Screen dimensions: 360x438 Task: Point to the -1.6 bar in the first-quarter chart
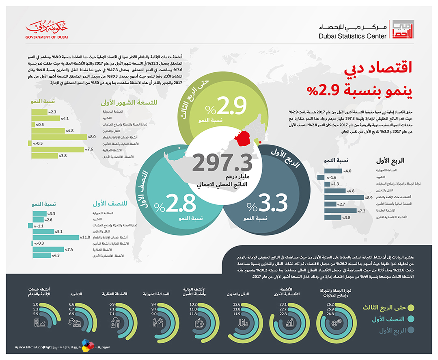pos(321,178)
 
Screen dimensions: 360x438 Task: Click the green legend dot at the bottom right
pos(411,308)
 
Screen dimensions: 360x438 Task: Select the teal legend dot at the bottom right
pos(411,319)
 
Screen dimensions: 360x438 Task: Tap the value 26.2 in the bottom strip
pos(329,304)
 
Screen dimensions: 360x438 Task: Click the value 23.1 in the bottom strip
pos(283,304)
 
